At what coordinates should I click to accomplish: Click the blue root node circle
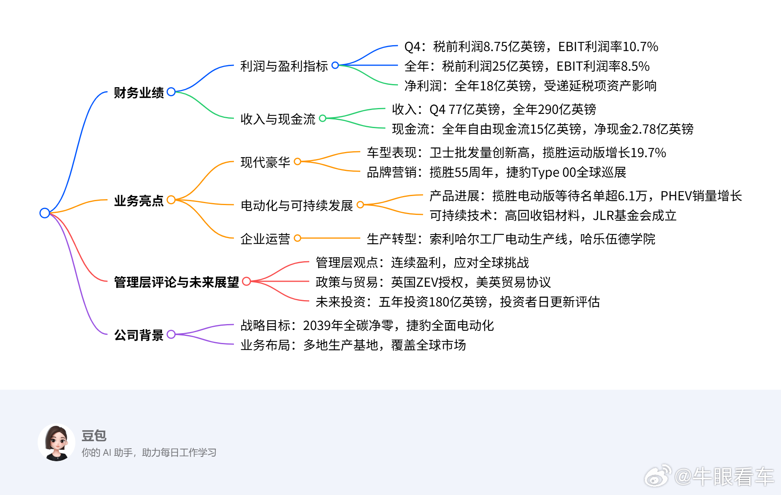click(x=45, y=213)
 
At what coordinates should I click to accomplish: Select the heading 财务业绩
click(x=139, y=93)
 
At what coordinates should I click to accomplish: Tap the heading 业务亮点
click(x=139, y=201)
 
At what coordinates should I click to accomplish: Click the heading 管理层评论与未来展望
click(x=176, y=282)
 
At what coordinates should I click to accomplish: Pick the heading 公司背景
click(x=139, y=335)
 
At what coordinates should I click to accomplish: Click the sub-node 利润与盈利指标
click(x=284, y=66)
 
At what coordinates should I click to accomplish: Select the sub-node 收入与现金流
click(x=277, y=119)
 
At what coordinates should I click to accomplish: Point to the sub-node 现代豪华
click(x=265, y=162)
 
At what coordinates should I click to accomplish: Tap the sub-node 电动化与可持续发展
click(x=297, y=205)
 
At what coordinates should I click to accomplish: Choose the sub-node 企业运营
click(x=265, y=239)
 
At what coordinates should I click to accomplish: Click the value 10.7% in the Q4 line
click(x=640, y=47)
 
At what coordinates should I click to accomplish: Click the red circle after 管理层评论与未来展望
click(x=246, y=281)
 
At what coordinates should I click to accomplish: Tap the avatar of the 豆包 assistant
click(x=57, y=442)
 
